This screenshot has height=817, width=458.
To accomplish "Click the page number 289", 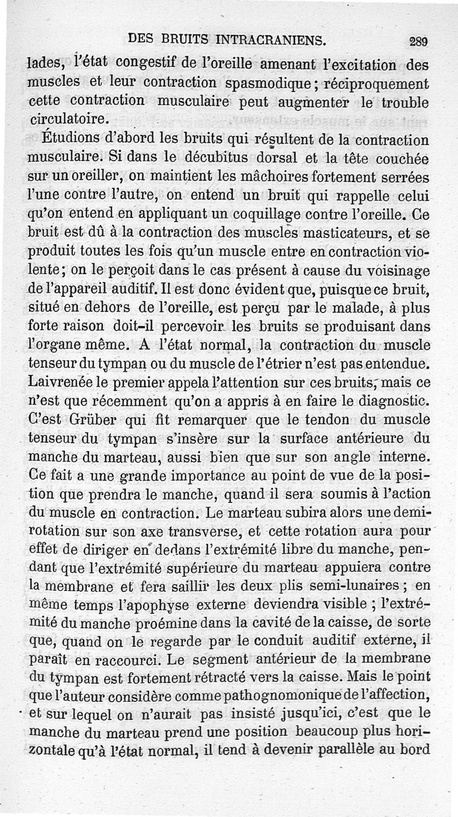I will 419,41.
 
